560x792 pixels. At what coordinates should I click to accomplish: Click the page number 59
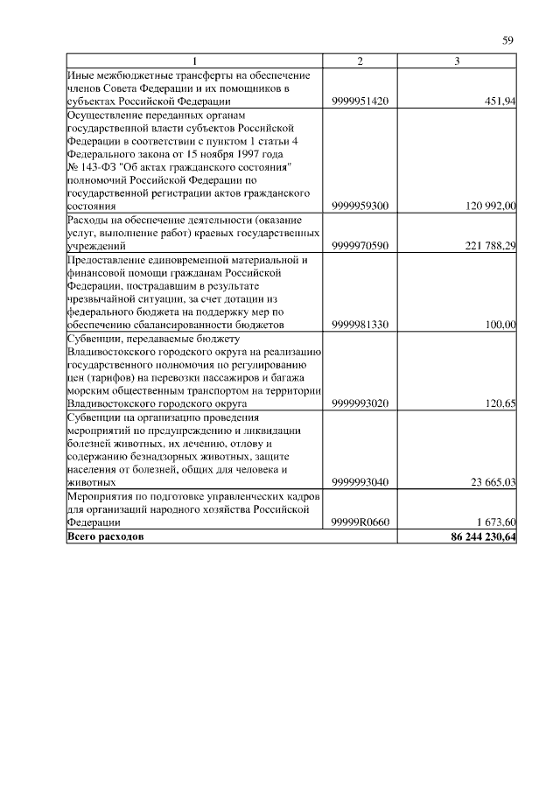(x=507, y=40)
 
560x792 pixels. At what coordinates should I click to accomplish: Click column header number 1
(x=194, y=60)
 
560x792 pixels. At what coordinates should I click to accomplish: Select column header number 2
(x=360, y=60)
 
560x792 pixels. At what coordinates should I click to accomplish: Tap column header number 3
(x=457, y=60)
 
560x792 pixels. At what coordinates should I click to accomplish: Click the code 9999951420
(x=360, y=102)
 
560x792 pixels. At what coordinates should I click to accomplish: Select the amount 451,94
(x=500, y=102)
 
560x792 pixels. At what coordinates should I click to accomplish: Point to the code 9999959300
(x=360, y=206)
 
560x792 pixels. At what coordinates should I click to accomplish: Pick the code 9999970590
(x=360, y=247)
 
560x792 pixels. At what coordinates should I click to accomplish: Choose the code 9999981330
(x=360, y=325)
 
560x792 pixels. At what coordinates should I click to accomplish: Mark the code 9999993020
(x=360, y=403)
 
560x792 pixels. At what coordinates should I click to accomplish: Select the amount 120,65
(x=500, y=403)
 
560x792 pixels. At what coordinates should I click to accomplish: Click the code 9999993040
(x=360, y=481)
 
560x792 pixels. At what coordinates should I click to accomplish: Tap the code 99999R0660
(x=360, y=522)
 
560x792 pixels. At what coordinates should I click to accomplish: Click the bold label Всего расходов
(x=106, y=536)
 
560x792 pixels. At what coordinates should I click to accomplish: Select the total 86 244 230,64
(x=478, y=536)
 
